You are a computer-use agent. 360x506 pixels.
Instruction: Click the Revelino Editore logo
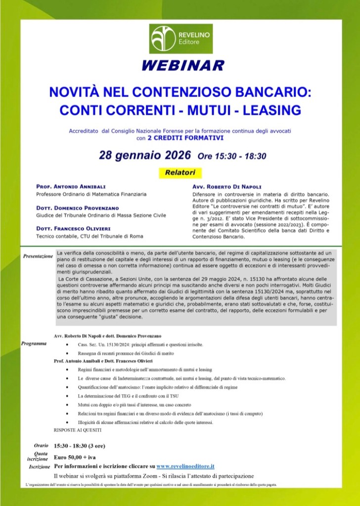click(x=180, y=38)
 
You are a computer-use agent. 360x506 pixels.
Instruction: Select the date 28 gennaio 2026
click(x=145, y=156)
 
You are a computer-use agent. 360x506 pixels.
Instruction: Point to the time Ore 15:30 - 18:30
click(x=232, y=157)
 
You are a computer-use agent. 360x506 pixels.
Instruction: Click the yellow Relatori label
click(x=180, y=173)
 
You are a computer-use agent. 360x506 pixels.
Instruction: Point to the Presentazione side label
click(x=38, y=257)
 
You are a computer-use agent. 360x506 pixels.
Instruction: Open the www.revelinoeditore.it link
click(x=185, y=465)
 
